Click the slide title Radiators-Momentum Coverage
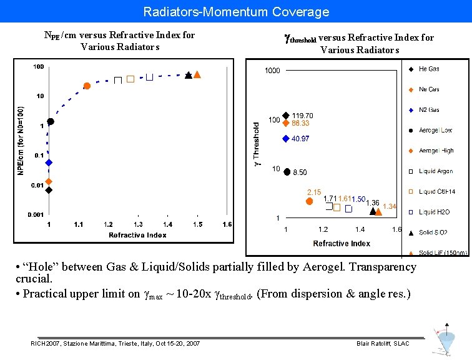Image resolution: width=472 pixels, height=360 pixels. [236, 11]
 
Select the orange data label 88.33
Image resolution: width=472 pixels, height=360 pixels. [300, 123]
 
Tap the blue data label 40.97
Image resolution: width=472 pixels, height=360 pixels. [300, 139]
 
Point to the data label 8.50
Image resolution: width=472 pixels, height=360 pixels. [300, 172]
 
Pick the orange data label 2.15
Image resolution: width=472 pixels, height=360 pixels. [313, 192]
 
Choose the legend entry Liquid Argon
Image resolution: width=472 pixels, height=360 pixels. [435, 171]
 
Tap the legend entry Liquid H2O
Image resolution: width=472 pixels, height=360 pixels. [434, 212]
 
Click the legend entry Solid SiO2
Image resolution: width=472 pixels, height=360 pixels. [433, 232]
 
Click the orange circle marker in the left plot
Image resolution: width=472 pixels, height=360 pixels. [87, 86]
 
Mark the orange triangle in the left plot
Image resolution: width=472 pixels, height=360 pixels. [197, 74]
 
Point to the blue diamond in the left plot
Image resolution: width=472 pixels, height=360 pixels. [49, 162]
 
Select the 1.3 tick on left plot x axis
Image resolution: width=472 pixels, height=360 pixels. [138, 224]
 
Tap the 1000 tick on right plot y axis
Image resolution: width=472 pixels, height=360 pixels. [272, 71]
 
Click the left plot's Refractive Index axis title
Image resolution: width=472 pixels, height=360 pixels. [137, 235]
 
